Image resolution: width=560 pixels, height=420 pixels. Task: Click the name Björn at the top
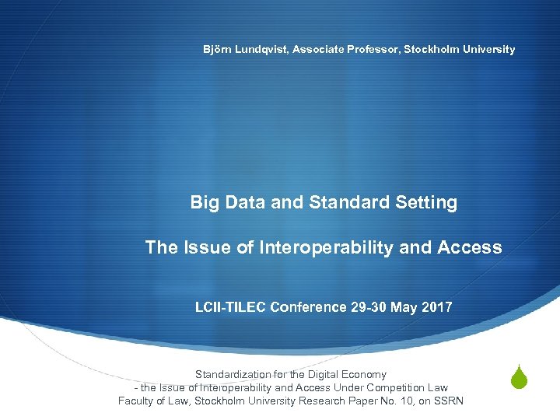point(218,49)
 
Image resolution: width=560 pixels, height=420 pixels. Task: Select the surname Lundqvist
point(262,49)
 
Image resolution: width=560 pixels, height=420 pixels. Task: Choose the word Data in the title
point(246,202)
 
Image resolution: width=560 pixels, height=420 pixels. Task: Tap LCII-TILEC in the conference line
point(229,307)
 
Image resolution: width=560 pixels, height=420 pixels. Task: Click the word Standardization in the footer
point(231,375)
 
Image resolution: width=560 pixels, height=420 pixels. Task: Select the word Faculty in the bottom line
point(136,401)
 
